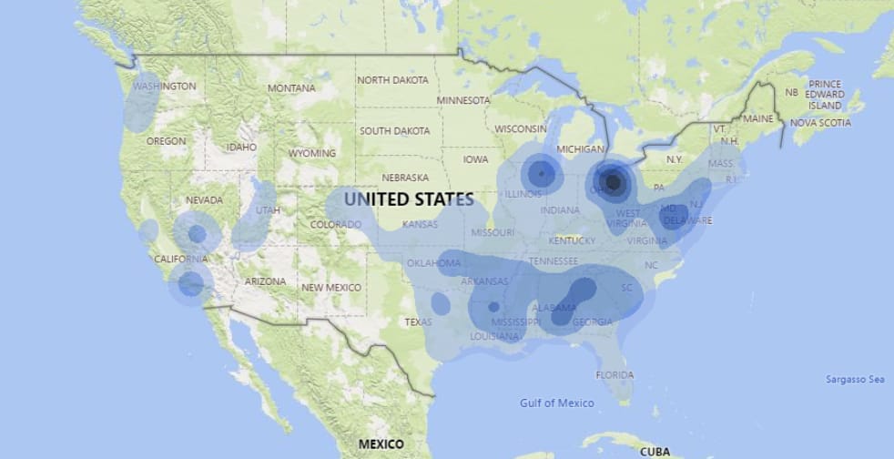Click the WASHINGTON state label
[164, 87]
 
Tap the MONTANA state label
[291, 88]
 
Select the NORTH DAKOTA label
[392, 80]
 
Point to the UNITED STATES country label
[409, 199]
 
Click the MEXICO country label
[381, 444]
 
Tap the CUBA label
[655, 451]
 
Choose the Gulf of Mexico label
[557, 403]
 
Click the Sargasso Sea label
[855, 379]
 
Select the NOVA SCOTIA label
[820, 123]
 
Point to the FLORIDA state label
[615, 375]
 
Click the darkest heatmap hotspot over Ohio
[614, 183]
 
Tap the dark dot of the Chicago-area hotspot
[541, 172]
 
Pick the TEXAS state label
[418, 322]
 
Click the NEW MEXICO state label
[331, 288]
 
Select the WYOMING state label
[312, 154]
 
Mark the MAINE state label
[757, 119]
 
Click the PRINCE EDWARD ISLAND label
[825, 94]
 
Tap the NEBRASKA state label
[405, 178]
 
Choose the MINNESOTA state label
[469, 100]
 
